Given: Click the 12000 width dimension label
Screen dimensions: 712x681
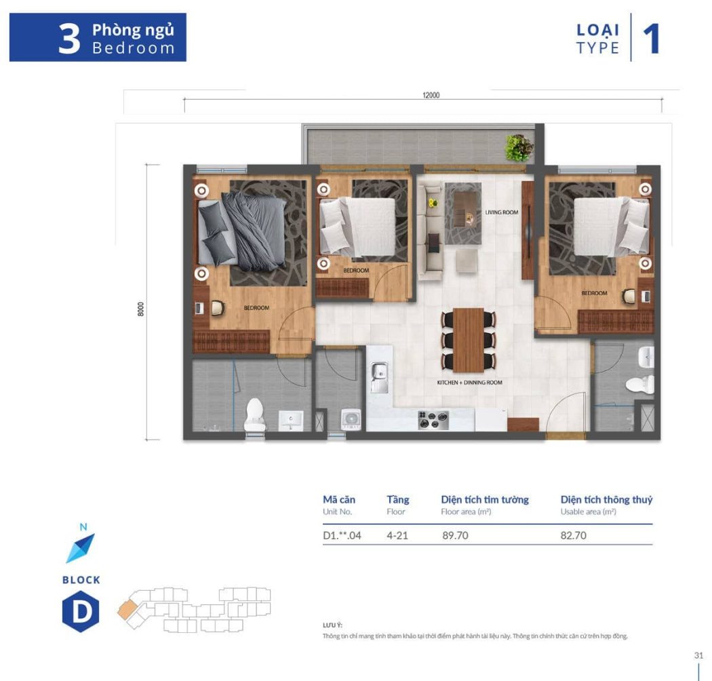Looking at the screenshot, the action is point(431,95).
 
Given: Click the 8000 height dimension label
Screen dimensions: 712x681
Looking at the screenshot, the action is point(141,309).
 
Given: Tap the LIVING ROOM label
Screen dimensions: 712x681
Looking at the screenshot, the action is point(501,212).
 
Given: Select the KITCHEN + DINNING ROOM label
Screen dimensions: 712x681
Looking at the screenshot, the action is point(469,383).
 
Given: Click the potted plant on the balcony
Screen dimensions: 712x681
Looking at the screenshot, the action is point(519,148).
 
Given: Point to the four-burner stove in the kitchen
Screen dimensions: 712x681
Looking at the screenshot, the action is point(433,421).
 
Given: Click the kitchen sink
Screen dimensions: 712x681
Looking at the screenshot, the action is point(379,377).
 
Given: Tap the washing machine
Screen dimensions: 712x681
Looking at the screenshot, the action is point(351,419).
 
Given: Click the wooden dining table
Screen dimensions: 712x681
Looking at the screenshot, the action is point(469,340).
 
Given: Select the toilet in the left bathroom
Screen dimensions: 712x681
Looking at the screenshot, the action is point(254,414).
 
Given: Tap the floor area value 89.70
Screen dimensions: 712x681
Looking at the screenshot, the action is point(455,536).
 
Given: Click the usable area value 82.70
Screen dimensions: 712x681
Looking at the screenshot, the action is point(573,536).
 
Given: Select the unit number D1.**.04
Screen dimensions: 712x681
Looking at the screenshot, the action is point(342,536).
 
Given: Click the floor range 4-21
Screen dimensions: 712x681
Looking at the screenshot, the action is point(397,536).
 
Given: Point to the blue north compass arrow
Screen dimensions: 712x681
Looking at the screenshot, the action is point(81,548).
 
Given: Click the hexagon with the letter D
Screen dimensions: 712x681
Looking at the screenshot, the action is point(81,612).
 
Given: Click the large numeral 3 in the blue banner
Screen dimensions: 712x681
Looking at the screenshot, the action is point(69,39).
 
